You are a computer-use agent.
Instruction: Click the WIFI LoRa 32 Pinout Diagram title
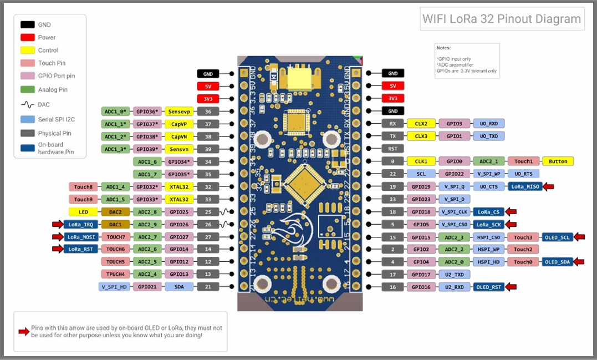tap(501, 19)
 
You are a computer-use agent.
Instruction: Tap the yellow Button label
tap(558, 161)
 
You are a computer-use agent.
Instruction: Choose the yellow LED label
tap(83, 211)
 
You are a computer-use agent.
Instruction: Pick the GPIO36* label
tap(148, 111)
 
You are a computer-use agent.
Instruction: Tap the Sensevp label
tap(179, 111)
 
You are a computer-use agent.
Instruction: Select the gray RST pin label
tap(392, 149)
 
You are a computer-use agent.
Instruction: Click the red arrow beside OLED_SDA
tap(579, 262)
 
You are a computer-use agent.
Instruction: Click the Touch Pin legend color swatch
tap(28, 63)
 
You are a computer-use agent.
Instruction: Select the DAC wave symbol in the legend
tap(28, 104)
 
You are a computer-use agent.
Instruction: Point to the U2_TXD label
tap(455, 274)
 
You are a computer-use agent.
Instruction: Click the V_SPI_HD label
tap(114, 287)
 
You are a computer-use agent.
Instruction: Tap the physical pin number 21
tap(208, 287)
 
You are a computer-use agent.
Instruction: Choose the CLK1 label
tap(421, 161)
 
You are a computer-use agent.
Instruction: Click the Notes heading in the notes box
tap(443, 48)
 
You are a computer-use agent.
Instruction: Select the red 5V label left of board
tap(208, 86)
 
